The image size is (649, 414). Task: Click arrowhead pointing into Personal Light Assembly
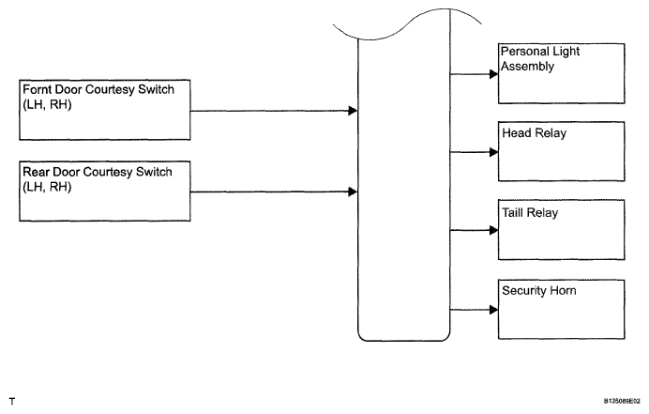(494, 74)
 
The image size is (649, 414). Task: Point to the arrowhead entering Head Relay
(494, 152)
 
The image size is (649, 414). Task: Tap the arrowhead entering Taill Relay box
(494, 230)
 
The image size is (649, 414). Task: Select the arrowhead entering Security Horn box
(494, 310)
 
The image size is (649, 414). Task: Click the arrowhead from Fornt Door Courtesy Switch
(353, 111)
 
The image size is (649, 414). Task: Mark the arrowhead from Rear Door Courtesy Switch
(353, 192)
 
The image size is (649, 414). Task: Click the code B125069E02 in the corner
(622, 401)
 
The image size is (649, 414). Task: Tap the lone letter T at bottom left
(12, 401)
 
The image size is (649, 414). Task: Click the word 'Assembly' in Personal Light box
(527, 67)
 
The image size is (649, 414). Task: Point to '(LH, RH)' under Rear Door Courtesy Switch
(47, 187)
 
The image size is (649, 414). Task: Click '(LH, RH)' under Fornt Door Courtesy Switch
(47, 104)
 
